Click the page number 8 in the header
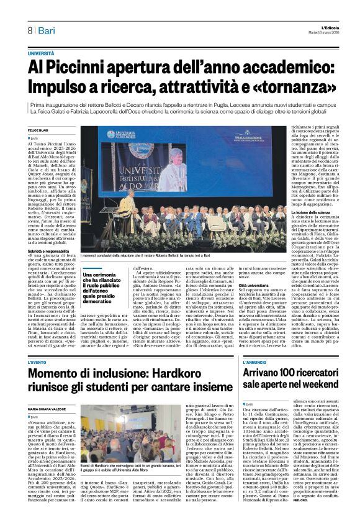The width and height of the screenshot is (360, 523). [29, 30]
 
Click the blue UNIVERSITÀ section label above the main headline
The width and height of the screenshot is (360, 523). [40, 55]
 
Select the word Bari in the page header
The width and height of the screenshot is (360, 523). [47, 30]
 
